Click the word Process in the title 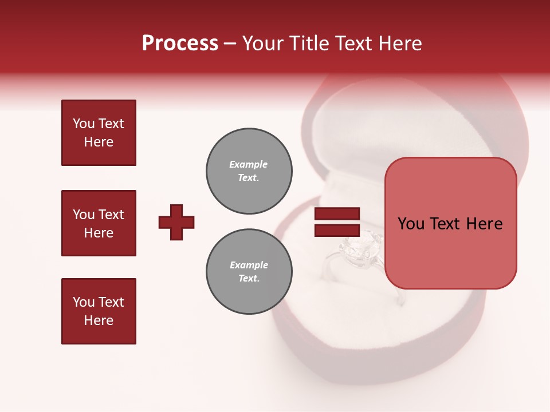coord(180,43)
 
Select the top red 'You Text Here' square coord(99,133)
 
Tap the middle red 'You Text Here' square coord(99,223)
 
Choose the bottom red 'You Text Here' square coord(99,311)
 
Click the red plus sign coord(176,222)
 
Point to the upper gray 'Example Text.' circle coord(249,171)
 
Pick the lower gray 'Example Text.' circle coord(249,272)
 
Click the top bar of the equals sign coord(337,213)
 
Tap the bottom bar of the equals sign coord(337,230)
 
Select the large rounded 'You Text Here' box coord(450,223)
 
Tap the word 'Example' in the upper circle coord(248,164)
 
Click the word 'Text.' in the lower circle coord(249,279)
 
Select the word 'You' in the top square coord(84,124)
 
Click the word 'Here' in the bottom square coord(99,320)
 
